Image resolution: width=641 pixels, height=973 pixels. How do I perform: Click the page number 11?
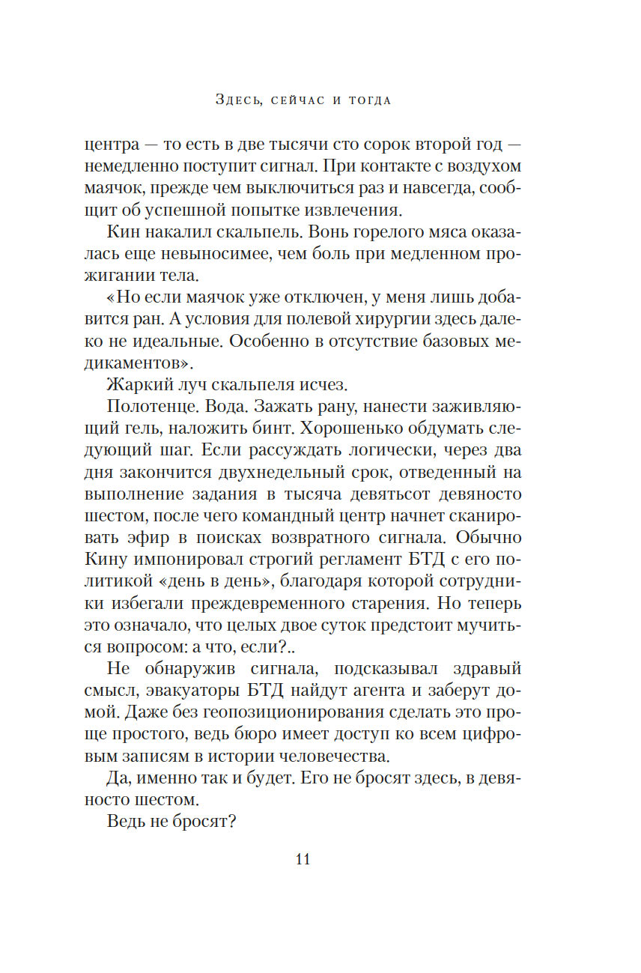click(x=303, y=859)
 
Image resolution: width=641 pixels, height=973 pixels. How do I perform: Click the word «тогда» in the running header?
click(x=370, y=100)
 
